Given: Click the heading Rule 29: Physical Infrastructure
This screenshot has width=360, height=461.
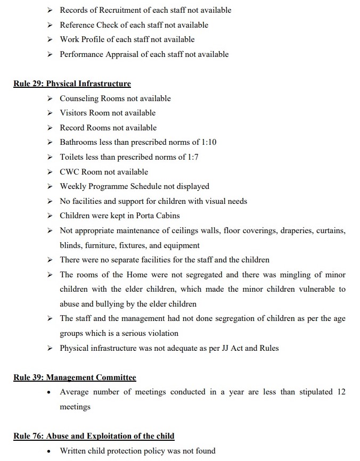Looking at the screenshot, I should (x=72, y=84).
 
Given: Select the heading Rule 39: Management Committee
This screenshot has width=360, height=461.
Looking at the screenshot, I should (x=75, y=377).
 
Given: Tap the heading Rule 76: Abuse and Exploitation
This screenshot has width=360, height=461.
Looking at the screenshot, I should (x=94, y=436).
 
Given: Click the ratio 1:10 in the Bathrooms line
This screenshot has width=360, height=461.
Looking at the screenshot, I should (x=207, y=142).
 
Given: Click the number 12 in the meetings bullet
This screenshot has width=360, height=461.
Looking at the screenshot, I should (x=341, y=392).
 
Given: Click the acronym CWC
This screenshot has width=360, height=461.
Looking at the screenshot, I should (x=69, y=172).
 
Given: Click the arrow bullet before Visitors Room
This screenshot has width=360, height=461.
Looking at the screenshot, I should (x=50, y=113).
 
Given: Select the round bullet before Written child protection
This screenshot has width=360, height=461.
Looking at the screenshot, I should (x=49, y=451).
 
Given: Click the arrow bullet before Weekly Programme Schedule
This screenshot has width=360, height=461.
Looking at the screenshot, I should (x=50, y=186).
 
